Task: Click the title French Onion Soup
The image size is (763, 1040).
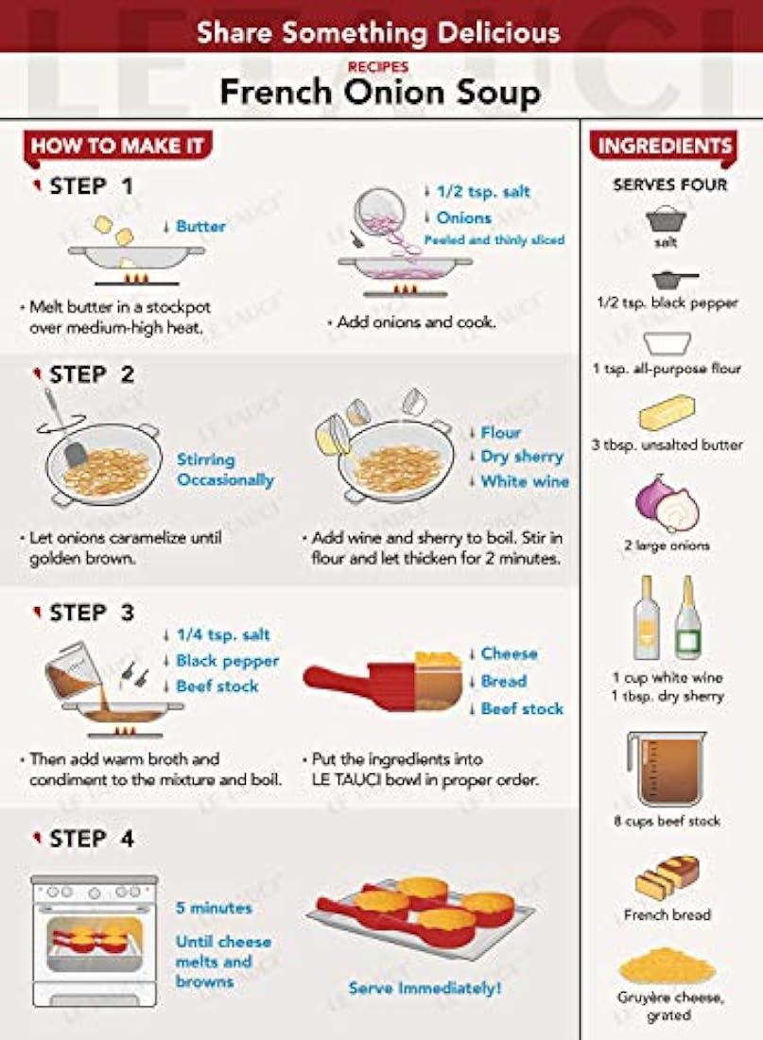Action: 380,93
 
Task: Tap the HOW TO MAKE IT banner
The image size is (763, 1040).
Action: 117,146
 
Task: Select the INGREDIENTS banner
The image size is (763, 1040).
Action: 664,146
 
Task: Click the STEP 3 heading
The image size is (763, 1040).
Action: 91,613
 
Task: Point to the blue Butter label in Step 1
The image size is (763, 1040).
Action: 200,226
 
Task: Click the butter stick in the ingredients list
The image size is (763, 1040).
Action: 668,412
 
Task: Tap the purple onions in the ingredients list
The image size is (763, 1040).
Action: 667,503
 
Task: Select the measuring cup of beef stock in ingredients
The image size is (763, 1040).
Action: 667,770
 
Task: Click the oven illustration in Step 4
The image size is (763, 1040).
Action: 95,941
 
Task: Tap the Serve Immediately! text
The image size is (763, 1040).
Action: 425,988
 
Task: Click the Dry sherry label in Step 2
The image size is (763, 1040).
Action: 522,457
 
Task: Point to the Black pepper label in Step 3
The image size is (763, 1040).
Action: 227,661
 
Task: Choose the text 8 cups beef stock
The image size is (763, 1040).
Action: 667,821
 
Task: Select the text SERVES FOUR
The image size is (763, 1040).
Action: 670,185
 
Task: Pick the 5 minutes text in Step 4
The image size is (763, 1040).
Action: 214,908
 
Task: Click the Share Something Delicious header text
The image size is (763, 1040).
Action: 379,32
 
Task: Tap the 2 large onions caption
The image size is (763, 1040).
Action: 667,546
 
